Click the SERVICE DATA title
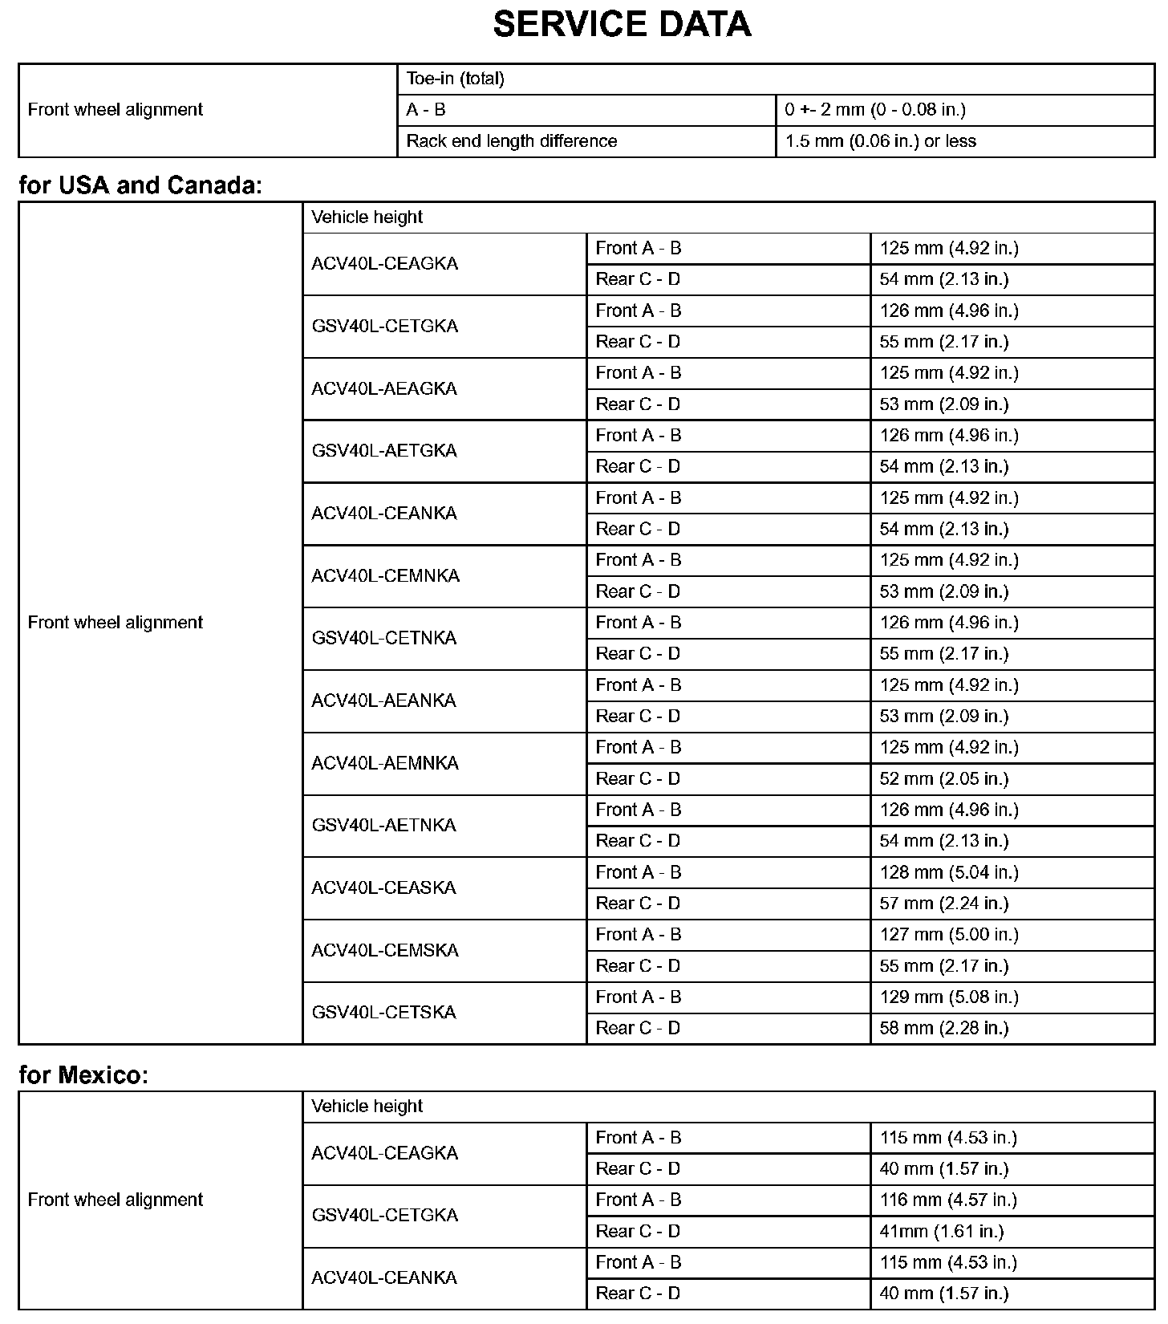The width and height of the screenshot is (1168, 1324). point(622,25)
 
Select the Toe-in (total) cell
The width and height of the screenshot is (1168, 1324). point(455,79)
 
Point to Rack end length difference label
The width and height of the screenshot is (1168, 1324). point(512,141)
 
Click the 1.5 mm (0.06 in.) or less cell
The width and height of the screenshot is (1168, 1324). point(880,141)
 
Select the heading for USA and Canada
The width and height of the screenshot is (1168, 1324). point(140,185)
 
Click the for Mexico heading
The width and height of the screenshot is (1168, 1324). point(83,1074)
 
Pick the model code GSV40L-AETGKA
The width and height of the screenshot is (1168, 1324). point(384,451)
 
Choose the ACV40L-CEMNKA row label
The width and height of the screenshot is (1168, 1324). point(385,576)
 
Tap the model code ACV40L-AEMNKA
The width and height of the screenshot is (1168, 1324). point(385,763)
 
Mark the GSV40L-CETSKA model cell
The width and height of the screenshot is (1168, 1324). point(383,1013)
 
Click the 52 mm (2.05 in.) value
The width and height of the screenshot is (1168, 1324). point(943,778)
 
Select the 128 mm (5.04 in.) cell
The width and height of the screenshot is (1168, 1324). point(948,872)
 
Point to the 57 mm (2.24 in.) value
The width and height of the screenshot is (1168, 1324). point(943,904)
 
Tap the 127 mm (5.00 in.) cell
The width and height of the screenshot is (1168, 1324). point(948,935)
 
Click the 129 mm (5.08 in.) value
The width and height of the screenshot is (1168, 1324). point(948,997)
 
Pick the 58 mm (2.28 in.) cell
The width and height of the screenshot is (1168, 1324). point(943,1029)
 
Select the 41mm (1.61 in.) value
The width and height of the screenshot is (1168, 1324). point(941,1232)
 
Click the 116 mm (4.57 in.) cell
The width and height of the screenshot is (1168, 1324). point(947,1200)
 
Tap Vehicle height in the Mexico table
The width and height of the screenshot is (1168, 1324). point(367,1107)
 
